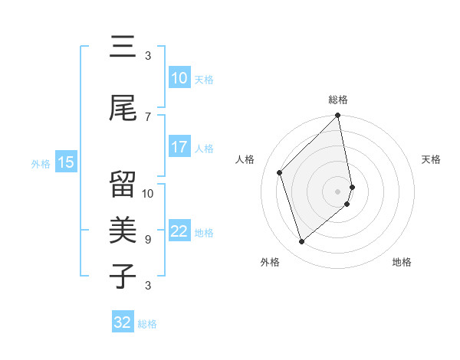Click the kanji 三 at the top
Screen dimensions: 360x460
pos(123,47)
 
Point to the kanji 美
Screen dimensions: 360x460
pos(123,229)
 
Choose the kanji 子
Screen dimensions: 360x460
pos(123,276)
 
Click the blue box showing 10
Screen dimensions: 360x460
pos(179,78)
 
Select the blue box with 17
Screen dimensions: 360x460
pos(179,147)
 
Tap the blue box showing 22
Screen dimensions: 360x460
pos(179,231)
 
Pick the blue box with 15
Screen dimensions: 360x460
pos(66,162)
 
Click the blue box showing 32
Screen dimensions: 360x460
pos(123,322)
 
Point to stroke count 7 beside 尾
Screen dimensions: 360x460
pos(148,116)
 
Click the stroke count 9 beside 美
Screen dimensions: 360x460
pos(148,239)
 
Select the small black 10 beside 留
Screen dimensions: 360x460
pos(148,193)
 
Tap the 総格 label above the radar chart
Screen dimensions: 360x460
pos(338,100)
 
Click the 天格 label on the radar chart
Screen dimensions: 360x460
pos(431,159)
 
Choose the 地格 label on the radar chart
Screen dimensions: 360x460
pos(402,262)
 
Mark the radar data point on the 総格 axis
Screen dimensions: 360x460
pos(338,116)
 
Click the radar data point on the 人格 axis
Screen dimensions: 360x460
pos(280,172)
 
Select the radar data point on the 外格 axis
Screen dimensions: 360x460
pos(302,242)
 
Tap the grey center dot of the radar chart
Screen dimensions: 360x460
pos(338,191)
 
